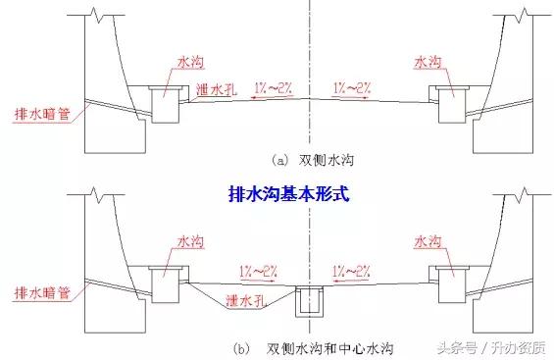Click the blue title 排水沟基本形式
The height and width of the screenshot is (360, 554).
277,195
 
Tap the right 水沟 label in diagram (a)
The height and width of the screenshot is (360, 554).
428,61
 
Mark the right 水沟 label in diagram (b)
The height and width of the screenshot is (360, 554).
428,240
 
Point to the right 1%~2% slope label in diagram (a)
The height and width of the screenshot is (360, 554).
351,87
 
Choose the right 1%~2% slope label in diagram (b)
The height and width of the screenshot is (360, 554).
351,268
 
